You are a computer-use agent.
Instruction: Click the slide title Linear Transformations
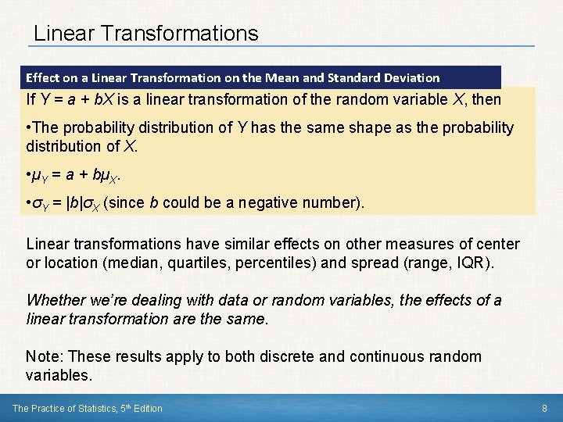145,33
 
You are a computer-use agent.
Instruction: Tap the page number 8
544,408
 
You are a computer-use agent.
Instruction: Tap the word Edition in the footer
146,408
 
